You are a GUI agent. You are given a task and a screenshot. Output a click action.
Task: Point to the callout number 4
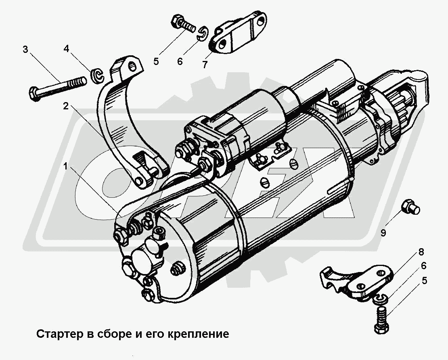click(66, 50)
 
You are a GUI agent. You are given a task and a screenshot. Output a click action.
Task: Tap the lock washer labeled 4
click(96, 76)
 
